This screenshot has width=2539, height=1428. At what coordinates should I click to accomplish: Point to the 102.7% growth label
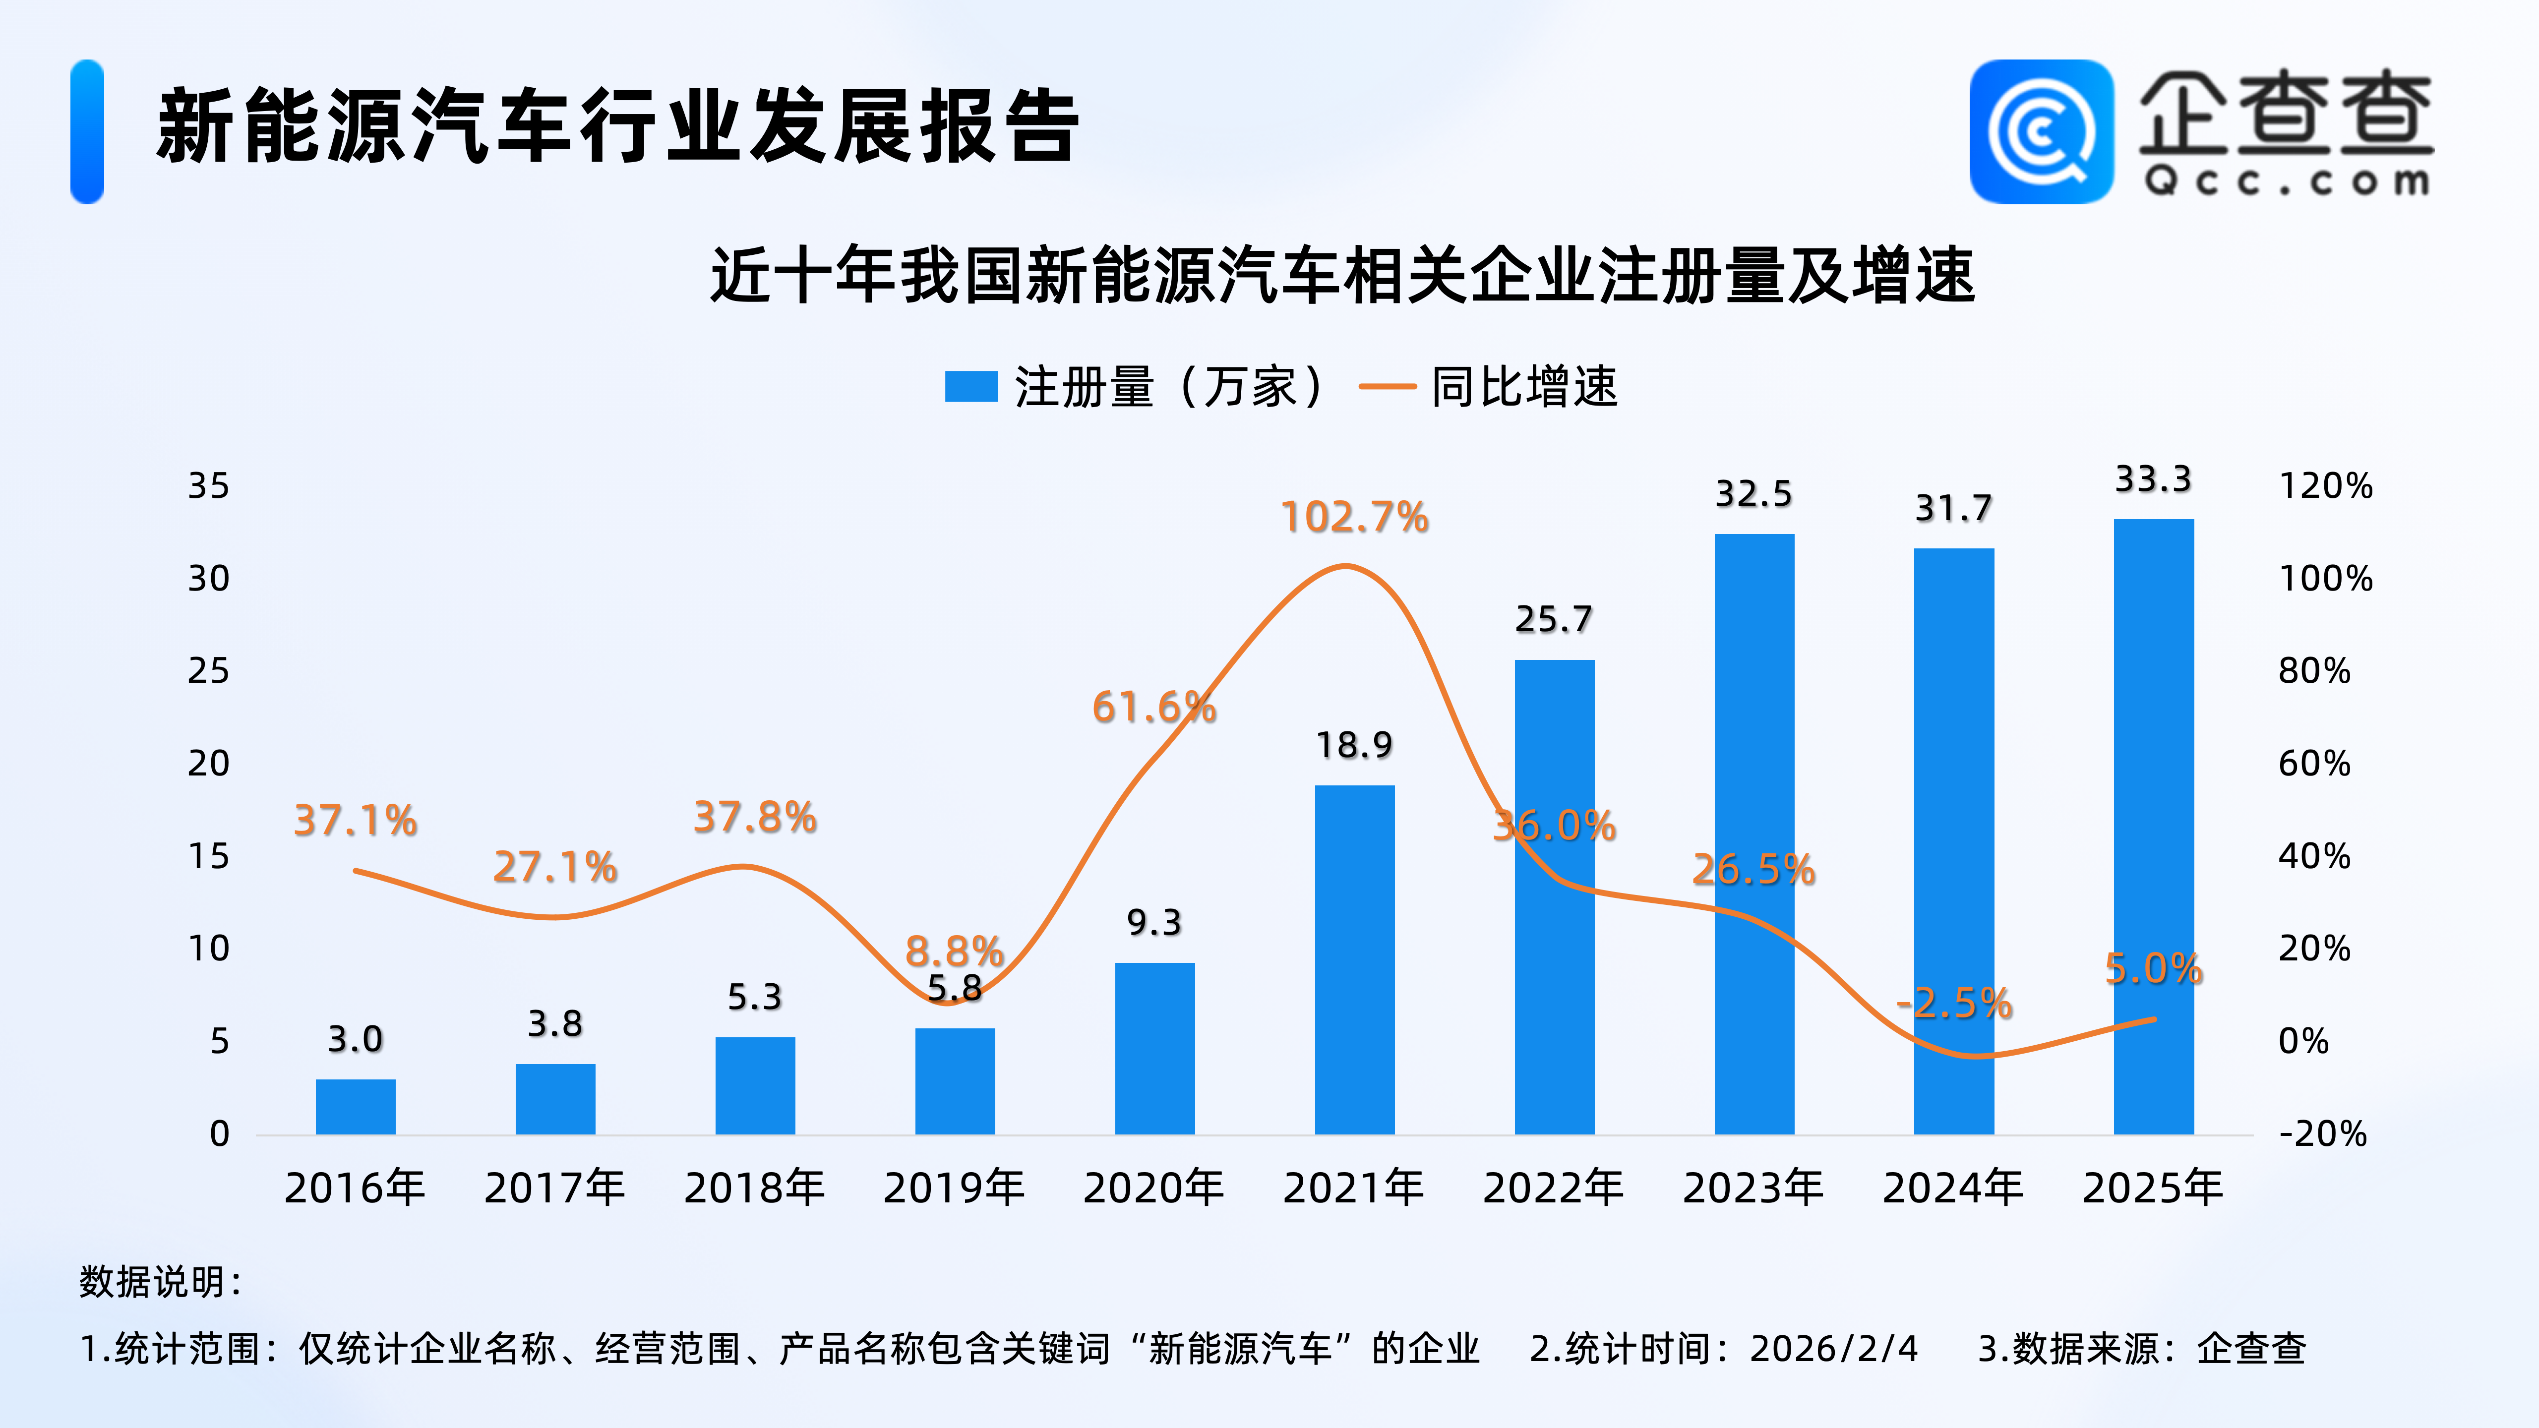1354,517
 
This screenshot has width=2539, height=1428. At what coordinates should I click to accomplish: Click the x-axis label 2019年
954,1188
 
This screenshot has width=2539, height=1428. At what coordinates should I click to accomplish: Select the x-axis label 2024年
1952,1188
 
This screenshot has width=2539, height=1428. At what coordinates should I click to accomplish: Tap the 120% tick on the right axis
2325,486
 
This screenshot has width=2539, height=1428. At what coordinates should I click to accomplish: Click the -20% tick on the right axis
2322,1134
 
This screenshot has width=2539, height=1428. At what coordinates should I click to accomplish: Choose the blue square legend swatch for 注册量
971,386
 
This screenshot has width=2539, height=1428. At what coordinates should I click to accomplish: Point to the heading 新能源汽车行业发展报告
618,126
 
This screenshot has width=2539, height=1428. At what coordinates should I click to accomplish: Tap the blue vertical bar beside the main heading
87,132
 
